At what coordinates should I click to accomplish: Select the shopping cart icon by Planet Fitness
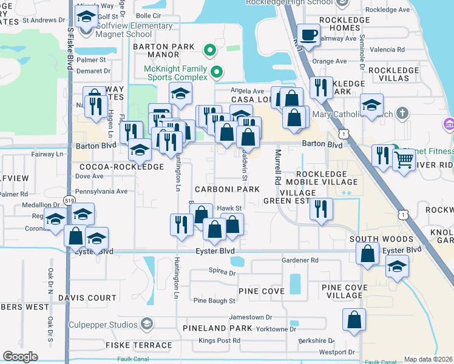(x=403, y=160)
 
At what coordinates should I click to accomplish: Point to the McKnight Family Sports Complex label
(x=177, y=73)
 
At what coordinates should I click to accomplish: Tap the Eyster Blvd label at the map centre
(x=214, y=251)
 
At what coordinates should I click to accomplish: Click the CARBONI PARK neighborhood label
(x=227, y=190)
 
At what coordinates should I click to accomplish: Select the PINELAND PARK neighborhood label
(x=217, y=328)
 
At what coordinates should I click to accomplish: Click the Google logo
(x=20, y=356)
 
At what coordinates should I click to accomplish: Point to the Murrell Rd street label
(x=278, y=167)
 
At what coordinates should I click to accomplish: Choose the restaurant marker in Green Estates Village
(x=320, y=209)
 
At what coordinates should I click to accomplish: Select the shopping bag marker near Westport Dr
(x=354, y=319)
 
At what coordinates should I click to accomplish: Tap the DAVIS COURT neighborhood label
(x=87, y=298)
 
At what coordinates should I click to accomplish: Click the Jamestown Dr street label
(x=250, y=317)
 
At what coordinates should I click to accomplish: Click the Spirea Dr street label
(x=222, y=272)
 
